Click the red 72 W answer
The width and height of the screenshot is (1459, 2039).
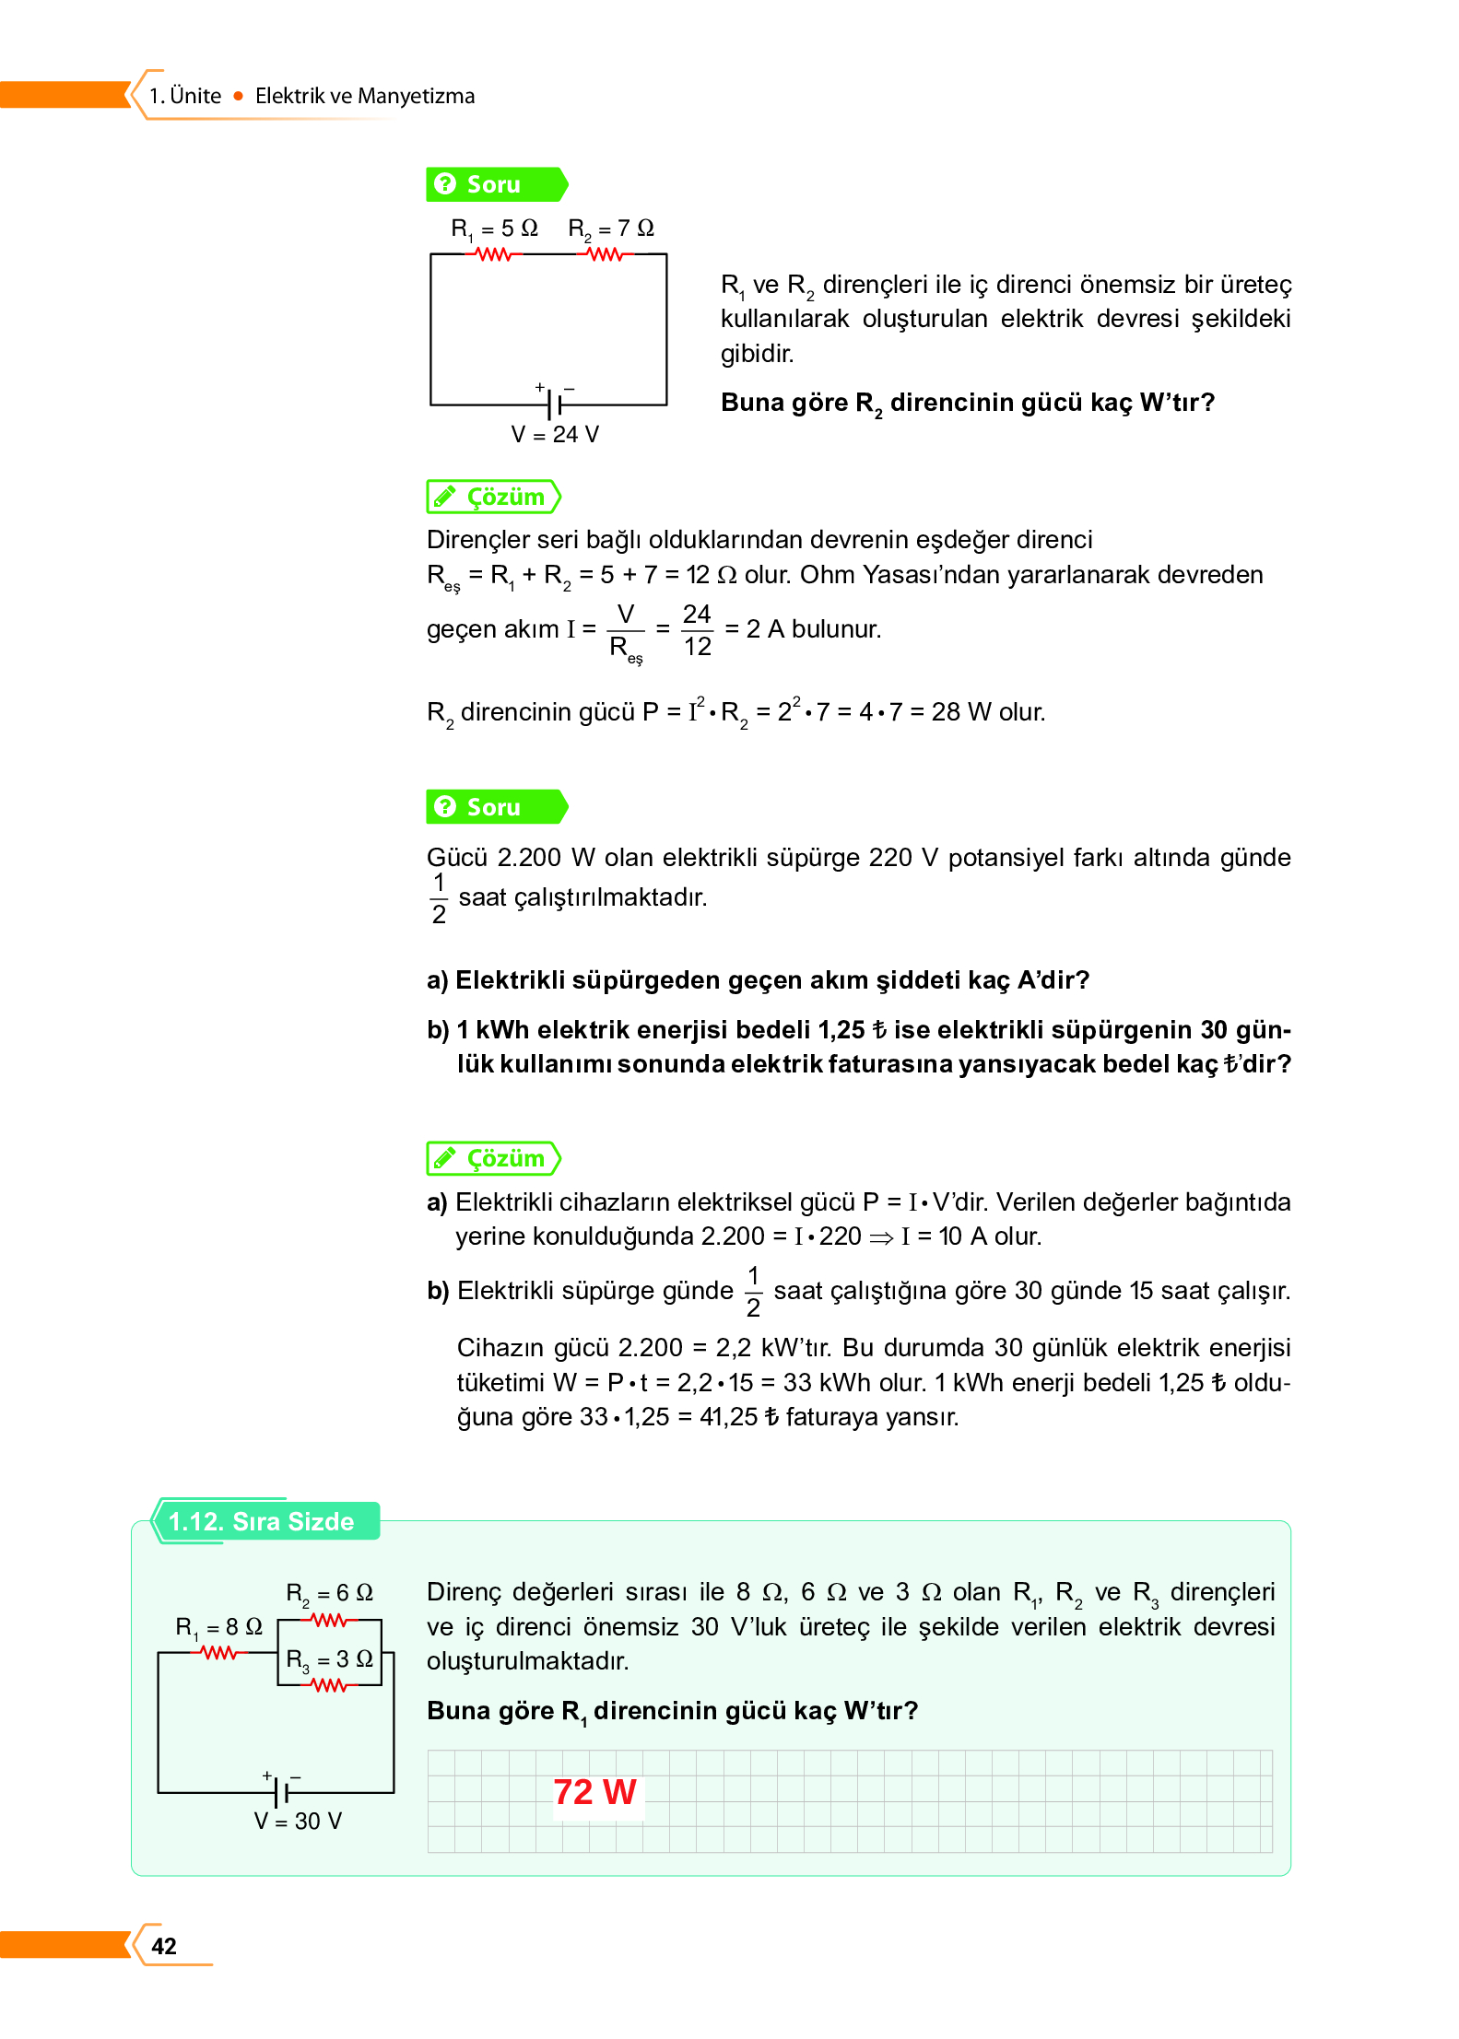pyautogui.click(x=594, y=1792)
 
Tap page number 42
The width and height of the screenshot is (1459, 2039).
pyautogui.click(x=164, y=1946)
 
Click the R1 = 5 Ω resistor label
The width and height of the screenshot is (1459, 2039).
pyautogui.click(x=494, y=229)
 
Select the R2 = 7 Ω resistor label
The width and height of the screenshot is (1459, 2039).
pyautogui.click(x=611, y=229)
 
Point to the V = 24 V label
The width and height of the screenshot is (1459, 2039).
pyautogui.click(x=555, y=434)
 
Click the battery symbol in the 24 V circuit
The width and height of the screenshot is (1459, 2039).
pyautogui.click(x=554, y=404)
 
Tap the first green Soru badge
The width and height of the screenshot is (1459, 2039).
pyautogui.click(x=495, y=184)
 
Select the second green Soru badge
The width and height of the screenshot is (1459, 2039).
pyautogui.click(x=495, y=807)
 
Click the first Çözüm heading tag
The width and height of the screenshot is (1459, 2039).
pyautogui.click(x=493, y=497)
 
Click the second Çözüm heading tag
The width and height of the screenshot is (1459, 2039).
pyautogui.click(x=493, y=1158)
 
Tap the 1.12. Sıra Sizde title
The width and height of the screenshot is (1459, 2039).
pyautogui.click(x=262, y=1521)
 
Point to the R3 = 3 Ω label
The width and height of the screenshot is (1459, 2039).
pyautogui.click(x=329, y=1659)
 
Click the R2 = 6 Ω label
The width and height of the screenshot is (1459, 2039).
pyautogui.click(x=329, y=1593)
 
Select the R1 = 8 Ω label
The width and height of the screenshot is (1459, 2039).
pyautogui.click(x=219, y=1627)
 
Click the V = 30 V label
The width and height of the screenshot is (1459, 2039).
pyautogui.click(x=298, y=1822)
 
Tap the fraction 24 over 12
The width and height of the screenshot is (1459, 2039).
pyautogui.click(x=697, y=630)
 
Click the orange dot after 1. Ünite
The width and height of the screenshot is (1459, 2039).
pyautogui.click(x=238, y=96)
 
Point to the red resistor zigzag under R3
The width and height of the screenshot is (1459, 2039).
pyautogui.click(x=329, y=1685)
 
